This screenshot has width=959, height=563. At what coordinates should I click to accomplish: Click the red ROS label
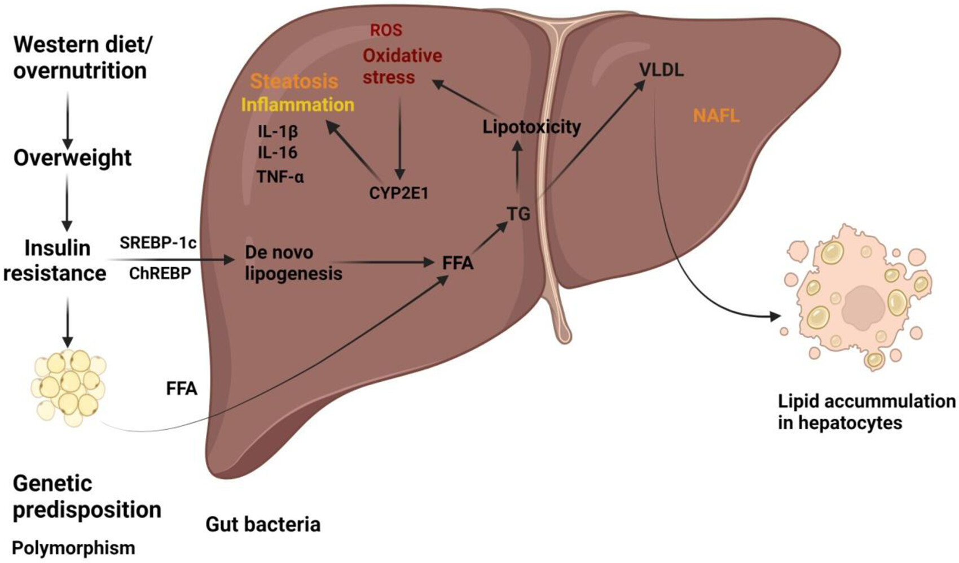[x=386, y=30]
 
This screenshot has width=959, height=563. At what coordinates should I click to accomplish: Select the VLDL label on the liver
[x=661, y=70]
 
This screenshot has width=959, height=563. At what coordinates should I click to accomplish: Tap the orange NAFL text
[x=716, y=116]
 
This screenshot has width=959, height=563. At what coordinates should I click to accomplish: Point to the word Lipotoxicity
[x=531, y=126]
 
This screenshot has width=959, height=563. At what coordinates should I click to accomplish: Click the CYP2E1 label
[x=399, y=194]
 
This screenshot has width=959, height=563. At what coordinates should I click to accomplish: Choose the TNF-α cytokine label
[x=280, y=177]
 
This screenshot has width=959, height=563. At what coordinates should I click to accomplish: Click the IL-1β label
[x=278, y=132]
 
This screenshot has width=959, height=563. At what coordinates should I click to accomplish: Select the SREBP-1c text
[x=158, y=243]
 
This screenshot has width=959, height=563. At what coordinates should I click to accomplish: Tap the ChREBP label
[x=160, y=273]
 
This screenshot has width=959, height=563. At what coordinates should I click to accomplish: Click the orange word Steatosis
[x=294, y=81]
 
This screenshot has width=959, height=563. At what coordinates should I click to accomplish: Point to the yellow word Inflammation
[x=297, y=105]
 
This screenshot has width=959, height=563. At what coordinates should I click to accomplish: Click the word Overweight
[x=72, y=158]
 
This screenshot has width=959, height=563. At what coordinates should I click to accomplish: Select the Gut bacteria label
[x=263, y=525]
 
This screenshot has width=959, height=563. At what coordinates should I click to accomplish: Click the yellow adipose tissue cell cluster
[x=68, y=387]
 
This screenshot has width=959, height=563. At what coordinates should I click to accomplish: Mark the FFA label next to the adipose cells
[x=182, y=389]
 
